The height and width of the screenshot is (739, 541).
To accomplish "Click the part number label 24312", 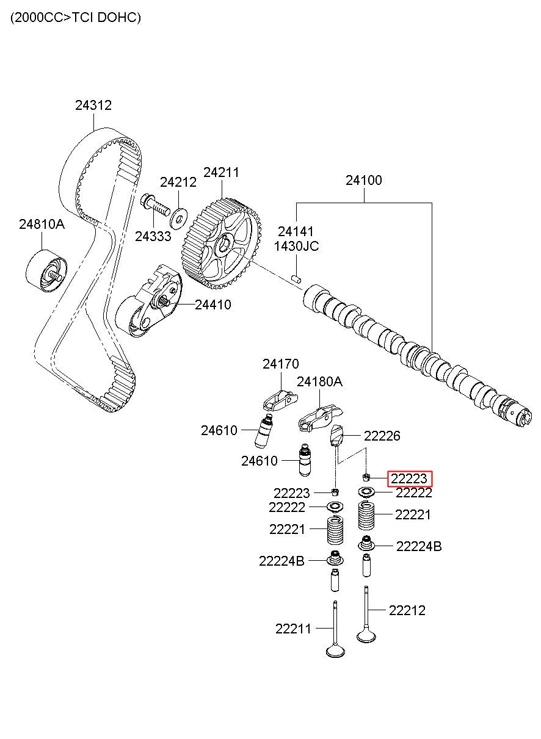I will coord(93,105).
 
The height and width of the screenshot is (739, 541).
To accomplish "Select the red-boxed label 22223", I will coord(410,479).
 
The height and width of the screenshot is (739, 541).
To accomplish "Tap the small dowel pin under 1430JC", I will coord(297,278).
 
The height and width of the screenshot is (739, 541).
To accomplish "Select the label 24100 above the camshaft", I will coord(363,181).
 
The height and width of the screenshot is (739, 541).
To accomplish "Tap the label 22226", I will coord(382,436).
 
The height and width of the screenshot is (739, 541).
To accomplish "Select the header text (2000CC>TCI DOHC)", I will coord(75,18).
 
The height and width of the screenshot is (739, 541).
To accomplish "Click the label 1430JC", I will coord(296,247).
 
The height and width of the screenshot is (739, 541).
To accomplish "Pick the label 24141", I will coord(296,232).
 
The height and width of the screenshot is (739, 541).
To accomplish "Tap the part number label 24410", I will coord(213,305).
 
